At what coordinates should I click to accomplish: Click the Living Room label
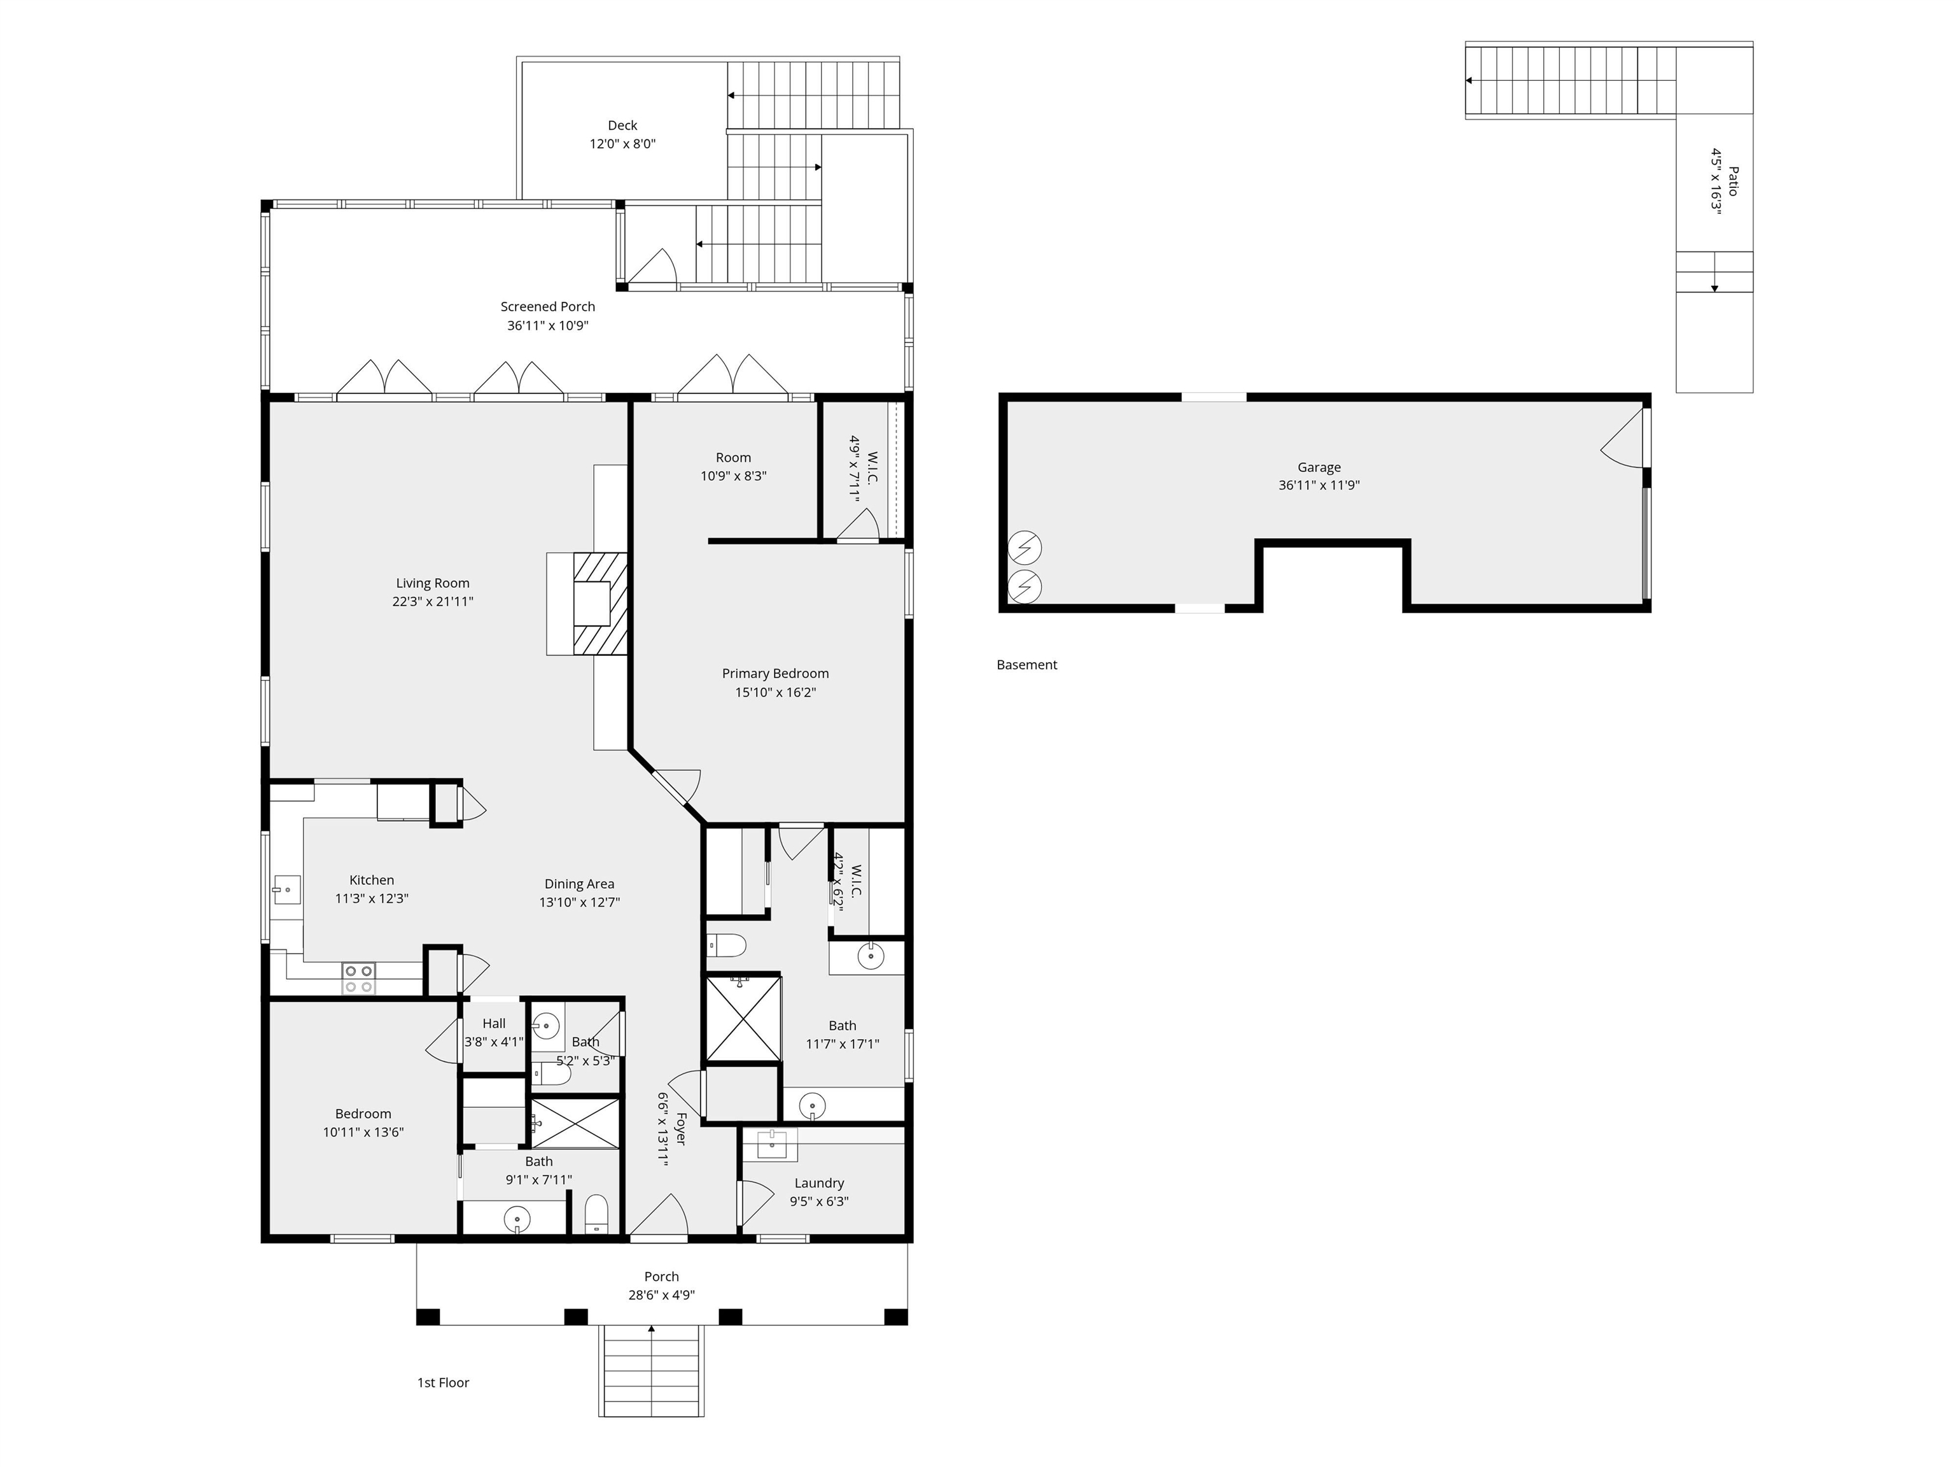(x=432, y=583)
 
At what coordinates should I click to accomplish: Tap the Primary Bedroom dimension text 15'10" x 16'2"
(x=775, y=692)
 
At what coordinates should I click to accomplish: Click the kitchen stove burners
(x=359, y=978)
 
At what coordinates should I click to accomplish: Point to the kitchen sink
(x=286, y=889)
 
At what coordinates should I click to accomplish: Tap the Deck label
(x=622, y=125)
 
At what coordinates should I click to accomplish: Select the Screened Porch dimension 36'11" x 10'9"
(x=548, y=325)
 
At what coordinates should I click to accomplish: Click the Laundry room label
(x=819, y=1183)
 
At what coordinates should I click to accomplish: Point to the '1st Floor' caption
(x=443, y=1382)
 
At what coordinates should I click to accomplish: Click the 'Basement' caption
(x=1027, y=665)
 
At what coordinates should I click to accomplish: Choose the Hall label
(x=494, y=1024)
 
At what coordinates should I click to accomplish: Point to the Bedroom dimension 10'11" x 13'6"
(x=363, y=1132)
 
